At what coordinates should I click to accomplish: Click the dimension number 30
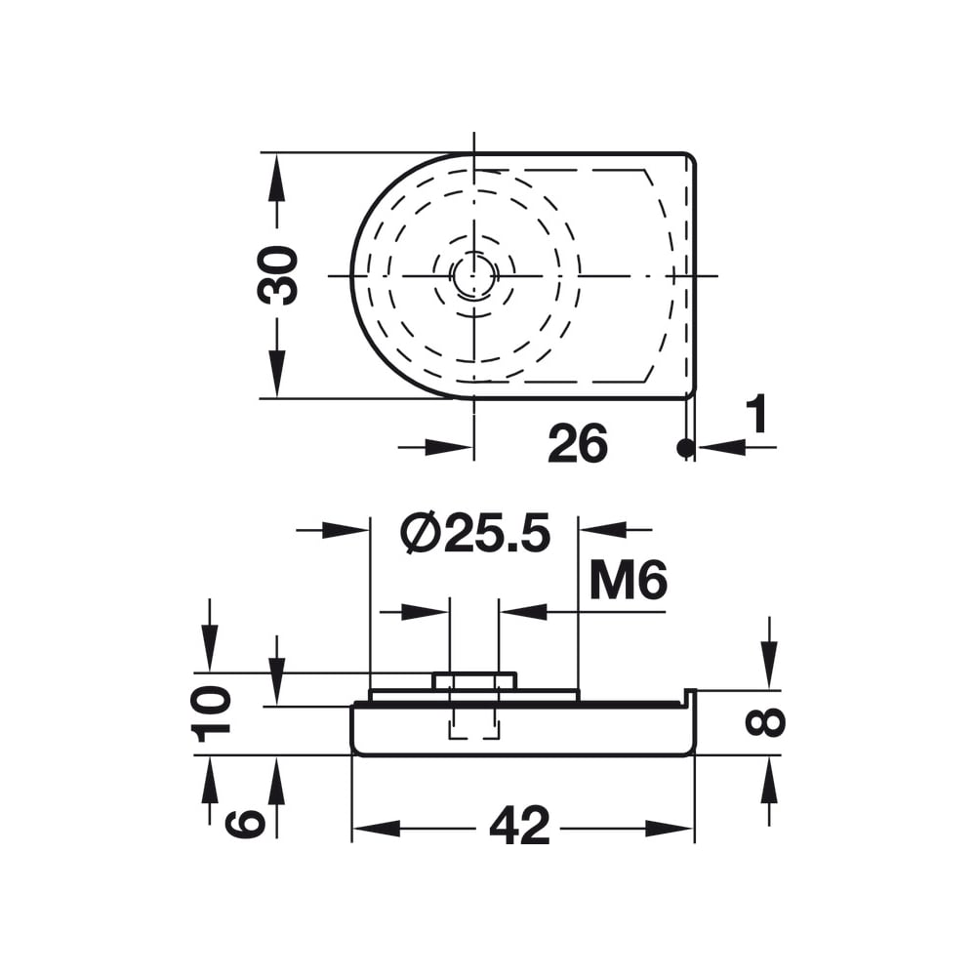tap(277, 275)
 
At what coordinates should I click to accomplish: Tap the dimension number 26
tap(578, 443)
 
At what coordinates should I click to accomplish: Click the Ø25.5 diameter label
tap(476, 534)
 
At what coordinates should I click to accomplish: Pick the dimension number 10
tap(211, 713)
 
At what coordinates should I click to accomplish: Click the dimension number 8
tap(765, 722)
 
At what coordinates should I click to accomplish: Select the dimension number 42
tap(520, 826)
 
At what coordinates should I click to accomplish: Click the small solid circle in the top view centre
tap(474, 275)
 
